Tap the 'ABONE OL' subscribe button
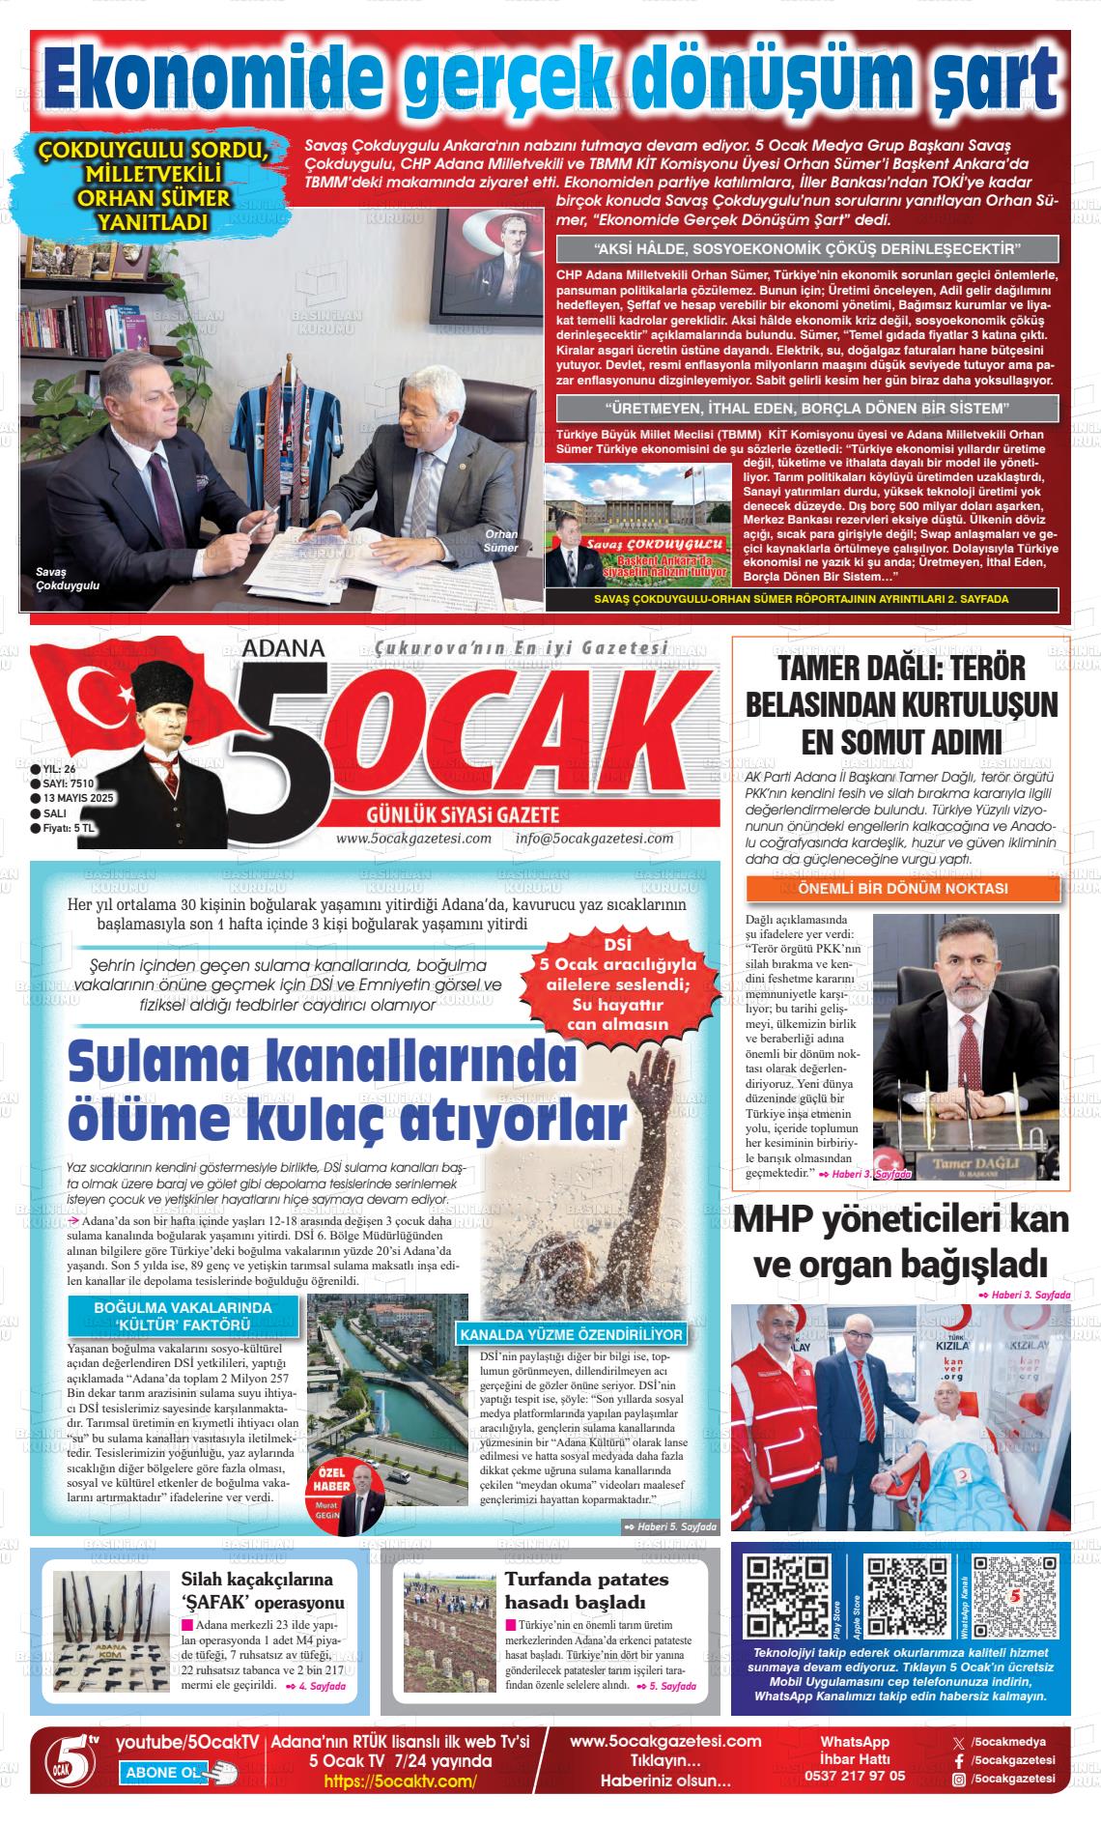(165, 1772)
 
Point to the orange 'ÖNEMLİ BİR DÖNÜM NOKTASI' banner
(903, 888)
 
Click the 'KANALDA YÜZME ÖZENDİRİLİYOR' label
(573, 1335)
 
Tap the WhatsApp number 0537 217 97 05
(855, 1776)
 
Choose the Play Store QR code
(789, 1595)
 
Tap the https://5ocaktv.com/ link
(400, 1781)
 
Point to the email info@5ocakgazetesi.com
(594, 838)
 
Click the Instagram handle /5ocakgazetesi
(1012, 1779)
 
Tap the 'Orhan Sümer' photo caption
(501, 541)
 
